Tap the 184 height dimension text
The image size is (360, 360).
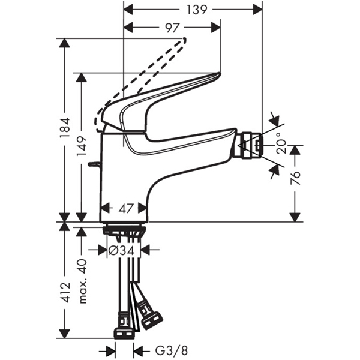65,125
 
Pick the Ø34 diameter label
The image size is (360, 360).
124,250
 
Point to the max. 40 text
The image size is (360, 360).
82,273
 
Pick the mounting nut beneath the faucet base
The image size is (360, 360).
124,230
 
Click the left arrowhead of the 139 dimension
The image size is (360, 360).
127,9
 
